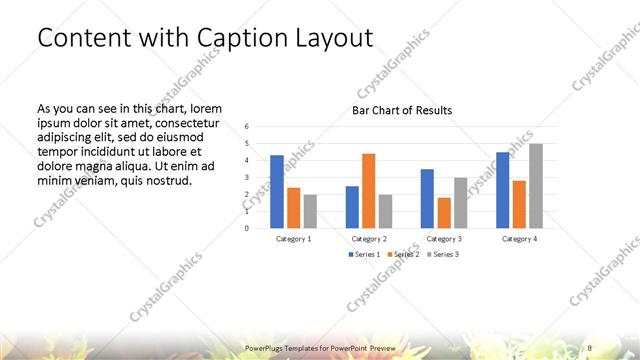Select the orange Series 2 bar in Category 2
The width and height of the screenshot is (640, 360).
tap(368, 190)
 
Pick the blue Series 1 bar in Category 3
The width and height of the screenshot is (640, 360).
tap(427, 198)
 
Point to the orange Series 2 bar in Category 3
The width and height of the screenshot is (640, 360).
tap(444, 212)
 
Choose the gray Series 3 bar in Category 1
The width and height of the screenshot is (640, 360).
tap(310, 211)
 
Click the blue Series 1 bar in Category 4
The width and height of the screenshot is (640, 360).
tap(502, 189)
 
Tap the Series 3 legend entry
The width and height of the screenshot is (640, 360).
tap(444, 255)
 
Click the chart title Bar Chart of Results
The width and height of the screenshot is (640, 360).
tap(402, 110)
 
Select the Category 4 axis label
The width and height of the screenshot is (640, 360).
tap(518, 239)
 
